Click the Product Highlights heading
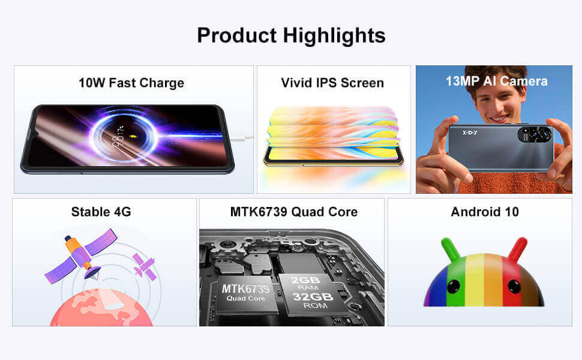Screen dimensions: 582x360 point(291,35)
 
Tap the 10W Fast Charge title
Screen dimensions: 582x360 point(131,83)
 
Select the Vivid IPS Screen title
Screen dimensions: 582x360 point(332,83)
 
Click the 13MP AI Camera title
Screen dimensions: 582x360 point(496,81)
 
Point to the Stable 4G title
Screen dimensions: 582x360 point(101,212)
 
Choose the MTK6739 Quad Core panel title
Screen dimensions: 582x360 point(293,212)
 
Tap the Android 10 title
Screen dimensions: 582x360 point(485,212)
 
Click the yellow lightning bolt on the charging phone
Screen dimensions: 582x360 point(133,137)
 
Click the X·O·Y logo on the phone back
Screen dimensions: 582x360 point(470,133)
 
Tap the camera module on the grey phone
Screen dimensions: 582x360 point(535,134)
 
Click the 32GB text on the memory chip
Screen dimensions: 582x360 point(313,296)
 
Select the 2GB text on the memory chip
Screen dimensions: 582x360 point(305,280)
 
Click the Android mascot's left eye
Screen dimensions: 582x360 point(454,286)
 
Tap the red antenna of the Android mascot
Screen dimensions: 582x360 point(518,248)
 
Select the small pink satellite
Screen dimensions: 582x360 point(144,267)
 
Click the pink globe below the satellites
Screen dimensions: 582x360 point(101,308)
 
